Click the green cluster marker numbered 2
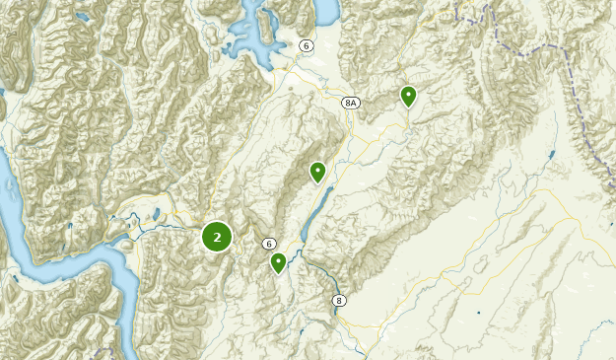click(217, 237)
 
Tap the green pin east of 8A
click(408, 96)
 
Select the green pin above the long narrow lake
click(317, 173)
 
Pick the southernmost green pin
click(279, 262)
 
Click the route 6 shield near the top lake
click(307, 46)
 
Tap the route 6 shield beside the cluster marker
click(268, 244)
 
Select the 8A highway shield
click(351, 103)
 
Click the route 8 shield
click(339, 300)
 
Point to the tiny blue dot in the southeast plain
click(478, 314)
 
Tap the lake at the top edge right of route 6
click(324, 9)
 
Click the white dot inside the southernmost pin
click(279, 260)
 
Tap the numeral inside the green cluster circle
click(217, 237)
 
